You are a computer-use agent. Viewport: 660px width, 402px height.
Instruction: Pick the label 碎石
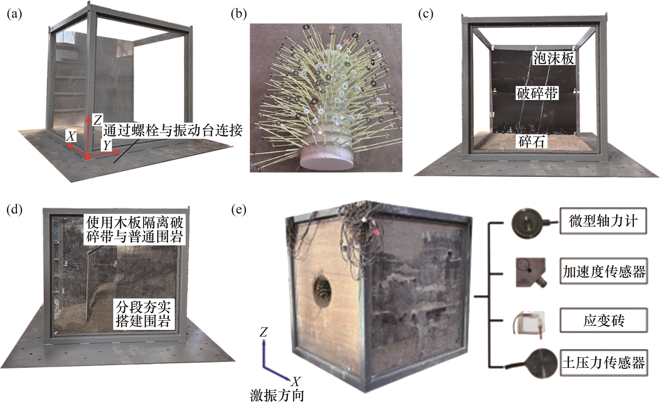tap(531, 142)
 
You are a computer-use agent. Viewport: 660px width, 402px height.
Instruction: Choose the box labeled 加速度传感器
tap(604, 271)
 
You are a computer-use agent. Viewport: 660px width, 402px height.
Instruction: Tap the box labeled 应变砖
tap(604, 321)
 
